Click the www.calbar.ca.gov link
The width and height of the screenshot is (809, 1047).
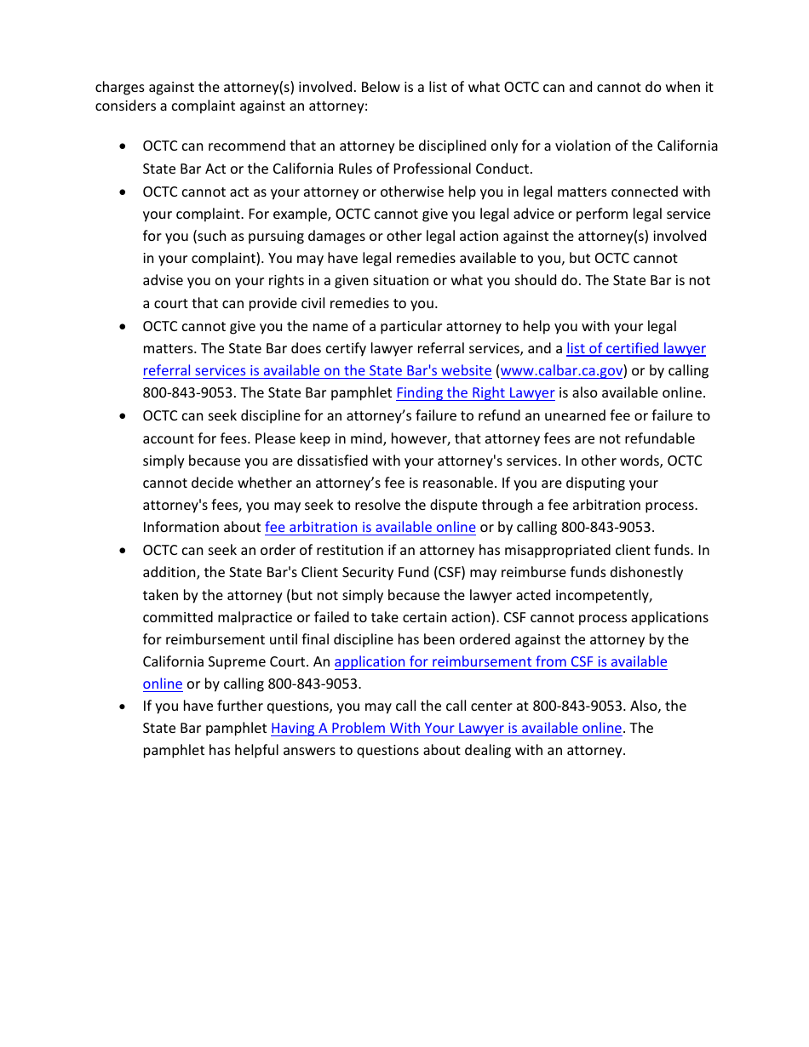pos(562,371)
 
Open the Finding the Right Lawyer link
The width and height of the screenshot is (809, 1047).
pos(475,393)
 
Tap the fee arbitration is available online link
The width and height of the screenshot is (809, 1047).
pos(370,528)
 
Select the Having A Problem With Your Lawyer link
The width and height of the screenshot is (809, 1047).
pos(446,729)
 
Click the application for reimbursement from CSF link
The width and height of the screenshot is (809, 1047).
pos(501,662)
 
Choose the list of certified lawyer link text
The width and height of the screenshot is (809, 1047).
pos(635,349)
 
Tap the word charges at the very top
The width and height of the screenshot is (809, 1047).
pos(119,88)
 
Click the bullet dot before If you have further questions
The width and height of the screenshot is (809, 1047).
pos(124,707)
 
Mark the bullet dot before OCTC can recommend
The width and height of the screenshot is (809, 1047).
pos(124,146)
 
